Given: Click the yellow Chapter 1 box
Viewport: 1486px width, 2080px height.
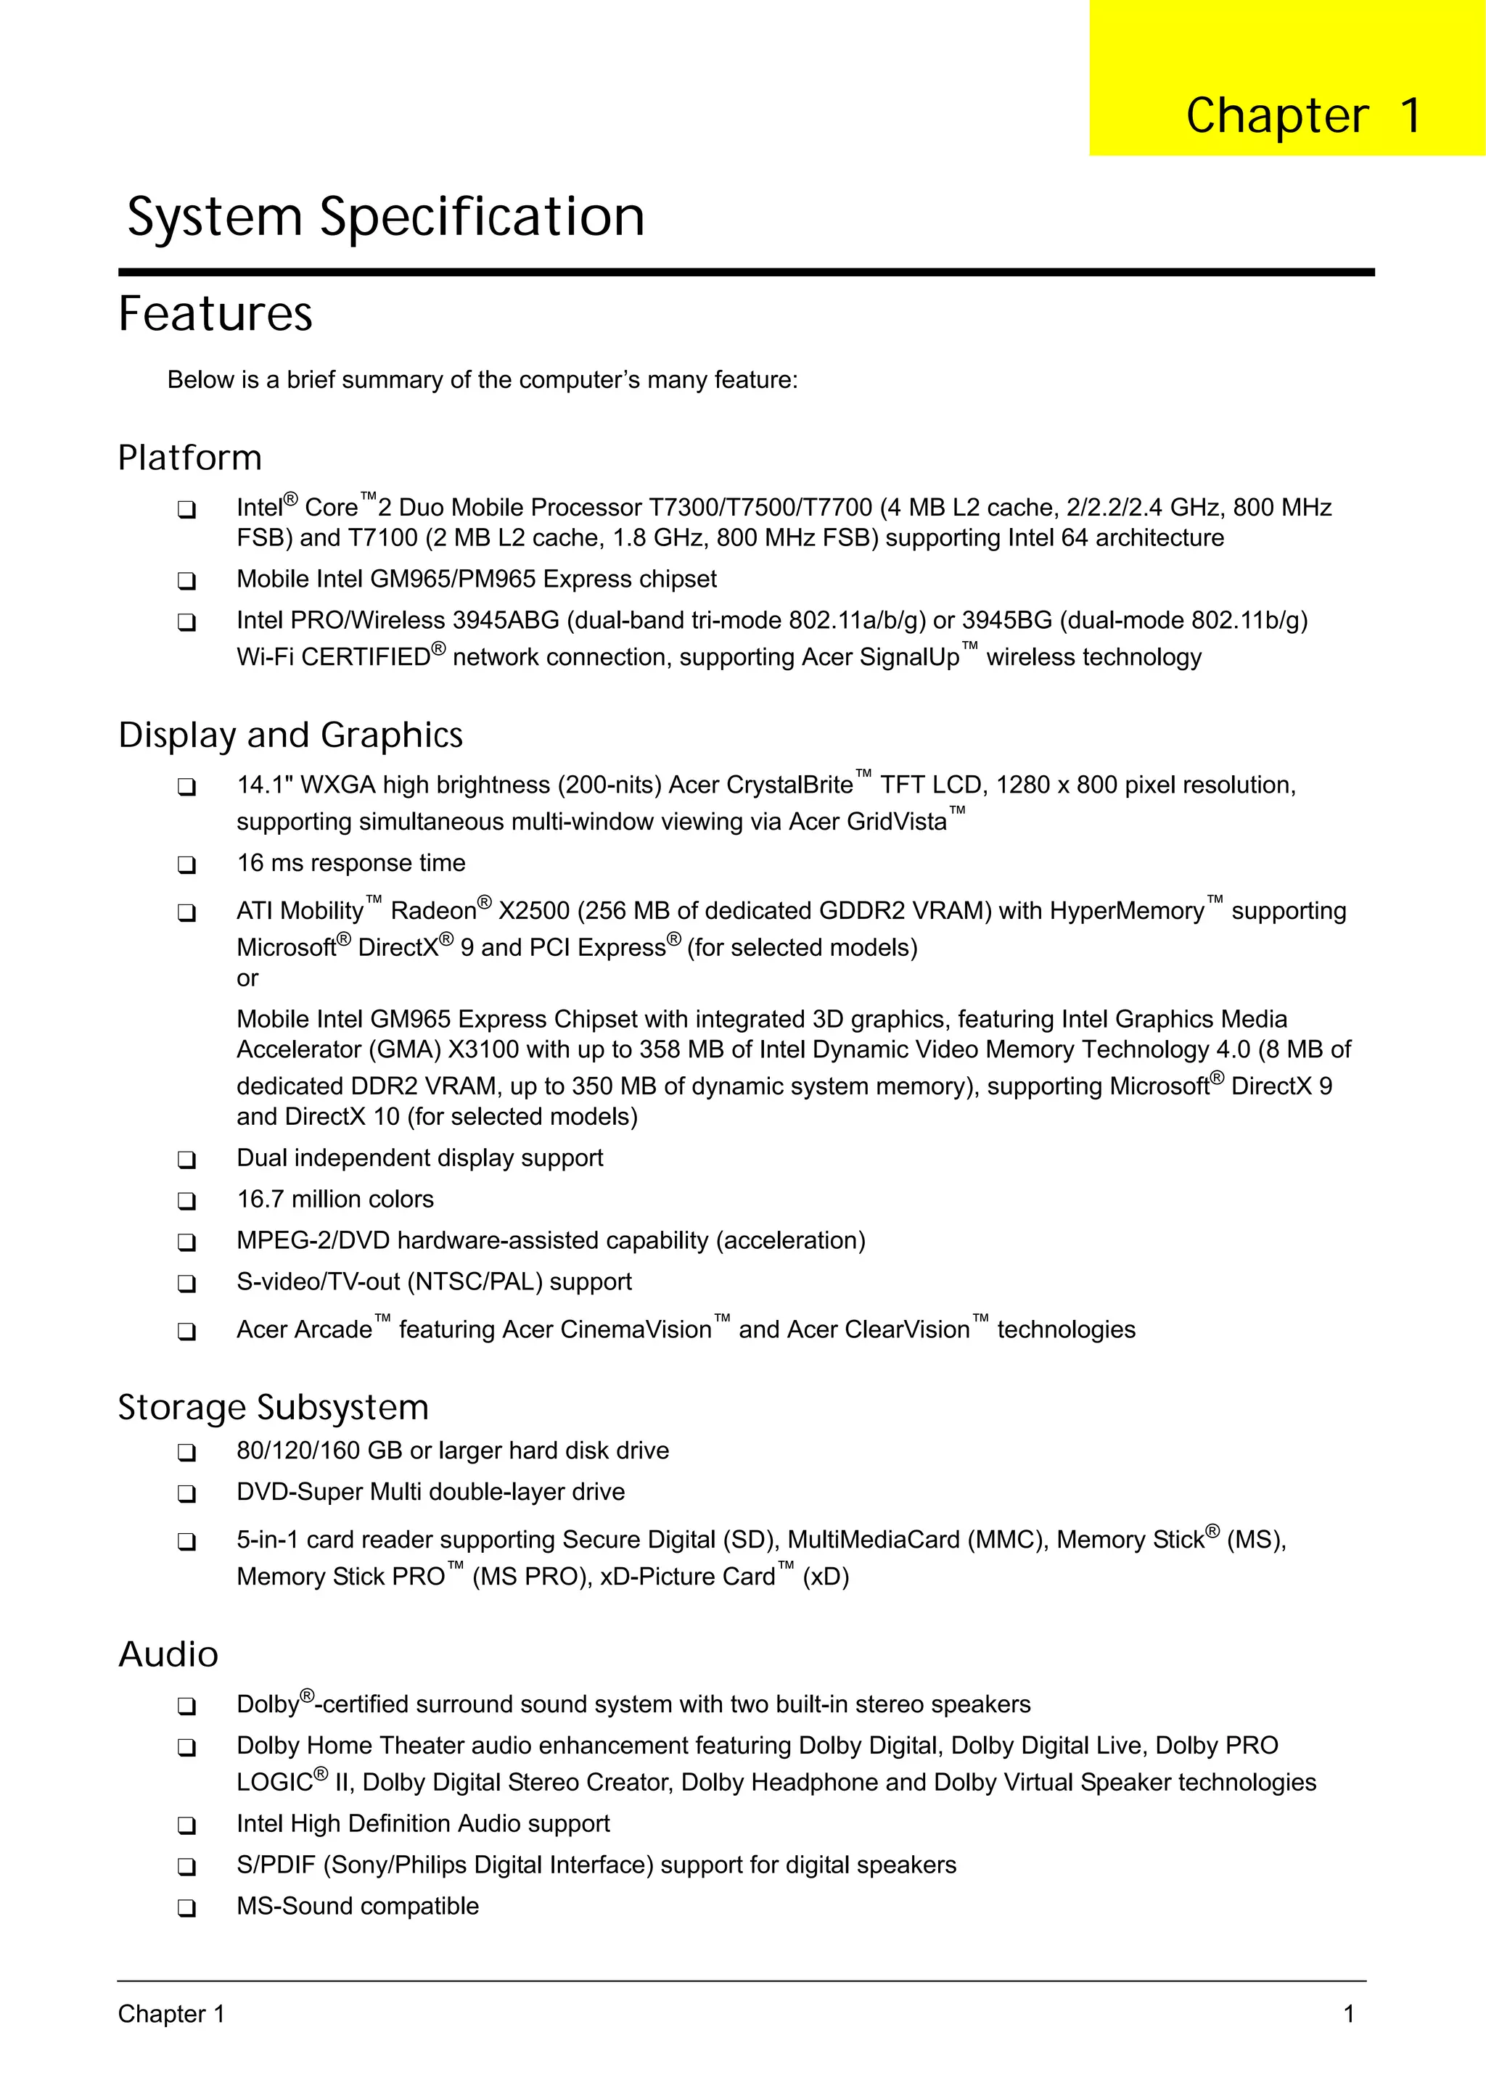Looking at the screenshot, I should click(1286, 78).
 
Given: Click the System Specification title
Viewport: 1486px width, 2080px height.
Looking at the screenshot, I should click(385, 218).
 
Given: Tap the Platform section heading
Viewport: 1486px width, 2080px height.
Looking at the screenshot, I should click(189, 458).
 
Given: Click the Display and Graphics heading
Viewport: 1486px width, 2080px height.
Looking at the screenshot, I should click(290, 735).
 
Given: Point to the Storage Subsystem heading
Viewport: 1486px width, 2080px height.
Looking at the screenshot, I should click(273, 1408).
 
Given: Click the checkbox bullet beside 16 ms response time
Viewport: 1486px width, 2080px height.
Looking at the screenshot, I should click(186, 864).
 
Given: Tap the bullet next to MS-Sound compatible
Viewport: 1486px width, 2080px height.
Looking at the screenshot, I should click(186, 1908).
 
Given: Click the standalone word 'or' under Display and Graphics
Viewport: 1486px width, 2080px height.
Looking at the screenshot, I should click(247, 978).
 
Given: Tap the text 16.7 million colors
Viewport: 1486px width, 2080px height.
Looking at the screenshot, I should click(335, 1199).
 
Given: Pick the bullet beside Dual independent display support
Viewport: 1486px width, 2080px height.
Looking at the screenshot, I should click(186, 1160).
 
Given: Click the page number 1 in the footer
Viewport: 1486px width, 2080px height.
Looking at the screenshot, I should click(1348, 2014).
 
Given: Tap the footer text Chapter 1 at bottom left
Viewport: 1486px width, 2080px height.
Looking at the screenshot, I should click(171, 2014).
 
